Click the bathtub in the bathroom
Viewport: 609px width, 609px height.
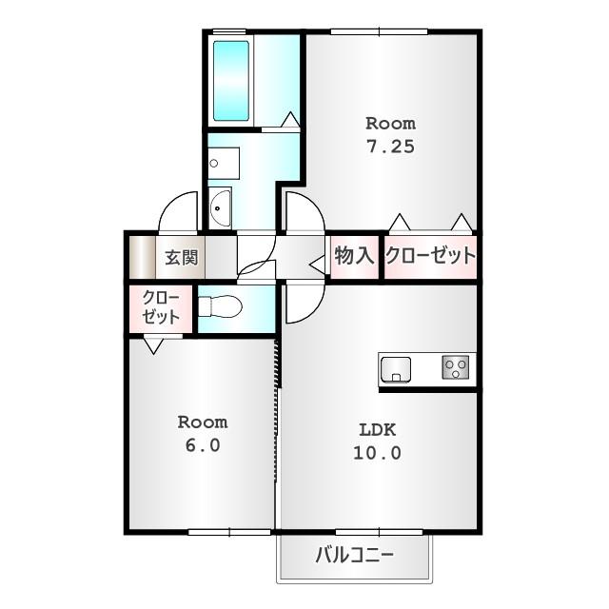[x=230, y=81]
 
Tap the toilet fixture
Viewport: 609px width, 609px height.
[x=220, y=306]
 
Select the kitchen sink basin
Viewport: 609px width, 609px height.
[x=396, y=369]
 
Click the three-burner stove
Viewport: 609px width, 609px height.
[x=455, y=367]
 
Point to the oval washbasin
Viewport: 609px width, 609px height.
[x=220, y=207]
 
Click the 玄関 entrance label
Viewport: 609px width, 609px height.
[x=182, y=257]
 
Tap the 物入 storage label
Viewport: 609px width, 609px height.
[x=354, y=256]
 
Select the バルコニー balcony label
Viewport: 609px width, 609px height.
[x=354, y=555]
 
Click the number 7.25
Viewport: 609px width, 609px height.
[x=391, y=147]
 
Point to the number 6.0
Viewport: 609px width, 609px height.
[x=203, y=445]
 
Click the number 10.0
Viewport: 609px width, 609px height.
[x=377, y=453]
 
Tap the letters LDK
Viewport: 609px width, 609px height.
[x=377, y=430]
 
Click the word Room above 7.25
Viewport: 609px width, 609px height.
[x=391, y=124]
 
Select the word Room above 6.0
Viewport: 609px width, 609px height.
[x=203, y=422]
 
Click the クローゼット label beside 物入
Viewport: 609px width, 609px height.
[x=430, y=256]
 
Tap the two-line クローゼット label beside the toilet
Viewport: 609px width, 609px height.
[x=161, y=307]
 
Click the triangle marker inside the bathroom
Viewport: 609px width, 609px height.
[x=290, y=119]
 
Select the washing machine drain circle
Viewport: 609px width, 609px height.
[x=213, y=163]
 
